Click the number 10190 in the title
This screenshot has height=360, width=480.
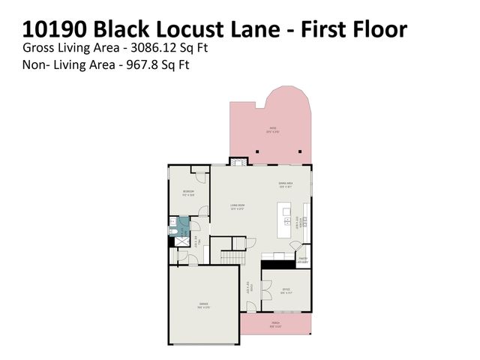coord(57,29)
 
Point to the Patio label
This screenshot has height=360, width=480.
coord(273,129)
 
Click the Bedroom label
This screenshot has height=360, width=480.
coord(188,192)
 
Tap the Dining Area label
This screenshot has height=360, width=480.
coord(285,184)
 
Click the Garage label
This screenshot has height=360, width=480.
coord(203,304)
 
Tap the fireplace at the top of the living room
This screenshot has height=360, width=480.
coord(238,160)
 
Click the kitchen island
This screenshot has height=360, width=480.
coord(284,221)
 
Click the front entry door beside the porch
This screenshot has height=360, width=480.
coord(251,306)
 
